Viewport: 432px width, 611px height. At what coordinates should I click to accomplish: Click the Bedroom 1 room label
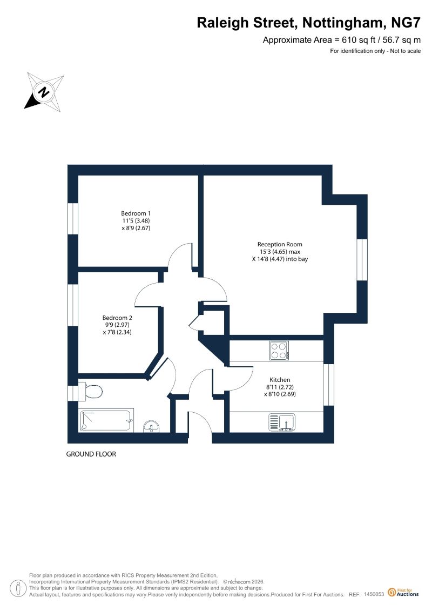[136, 213]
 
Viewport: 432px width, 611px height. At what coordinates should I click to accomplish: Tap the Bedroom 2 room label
[117, 318]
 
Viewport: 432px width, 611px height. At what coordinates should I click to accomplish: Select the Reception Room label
[280, 244]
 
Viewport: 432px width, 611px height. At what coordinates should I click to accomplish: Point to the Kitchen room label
[280, 380]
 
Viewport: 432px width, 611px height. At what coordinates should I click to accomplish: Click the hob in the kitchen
[279, 350]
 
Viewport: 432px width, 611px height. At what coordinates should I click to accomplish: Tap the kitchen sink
[282, 422]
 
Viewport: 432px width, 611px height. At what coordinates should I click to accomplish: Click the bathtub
[106, 420]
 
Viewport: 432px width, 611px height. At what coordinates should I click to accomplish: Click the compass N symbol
[44, 92]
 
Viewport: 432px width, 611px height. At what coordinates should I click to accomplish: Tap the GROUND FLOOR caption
[91, 454]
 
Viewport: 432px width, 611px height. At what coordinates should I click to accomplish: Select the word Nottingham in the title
[343, 23]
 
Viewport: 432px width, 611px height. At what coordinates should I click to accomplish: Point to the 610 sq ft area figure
[354, 40]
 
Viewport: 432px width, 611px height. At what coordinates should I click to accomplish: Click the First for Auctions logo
[403, 592]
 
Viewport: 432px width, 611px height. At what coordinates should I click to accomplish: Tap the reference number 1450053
[374, 594]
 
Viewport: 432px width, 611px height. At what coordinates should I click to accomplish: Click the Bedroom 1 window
[73, 219]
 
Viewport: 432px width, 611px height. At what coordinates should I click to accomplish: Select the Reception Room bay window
[362, 259]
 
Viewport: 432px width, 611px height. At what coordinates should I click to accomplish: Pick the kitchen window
[329, 385]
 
